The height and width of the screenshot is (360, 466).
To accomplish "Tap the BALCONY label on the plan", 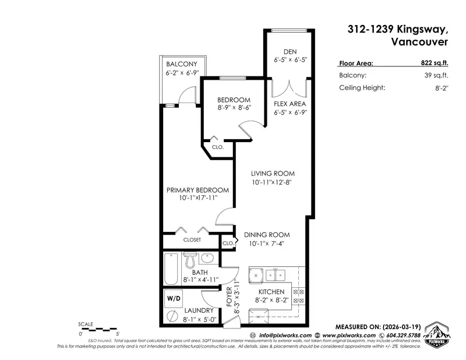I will [x=181, y=64].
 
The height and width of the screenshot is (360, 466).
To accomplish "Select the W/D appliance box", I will [x=174, y=299].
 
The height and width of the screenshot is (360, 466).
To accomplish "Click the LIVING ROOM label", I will [x=273, y=174].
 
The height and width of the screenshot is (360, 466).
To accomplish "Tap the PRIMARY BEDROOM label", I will [x=197, y=190].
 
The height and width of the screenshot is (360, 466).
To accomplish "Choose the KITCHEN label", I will [x=271, y=291].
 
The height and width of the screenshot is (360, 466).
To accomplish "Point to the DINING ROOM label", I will [x=266, y=235].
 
